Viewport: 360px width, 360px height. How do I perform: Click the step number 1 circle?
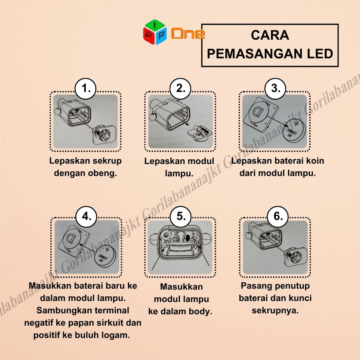point(85,89)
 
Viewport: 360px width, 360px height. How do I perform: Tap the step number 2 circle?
point(180,89)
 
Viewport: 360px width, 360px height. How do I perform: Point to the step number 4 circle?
point(86,217)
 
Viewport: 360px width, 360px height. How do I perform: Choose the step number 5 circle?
point(181,217)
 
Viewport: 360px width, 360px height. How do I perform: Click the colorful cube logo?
point(155,32)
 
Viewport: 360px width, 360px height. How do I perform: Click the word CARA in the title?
point(270,35)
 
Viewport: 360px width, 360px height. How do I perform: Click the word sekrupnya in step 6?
point(275,311)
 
